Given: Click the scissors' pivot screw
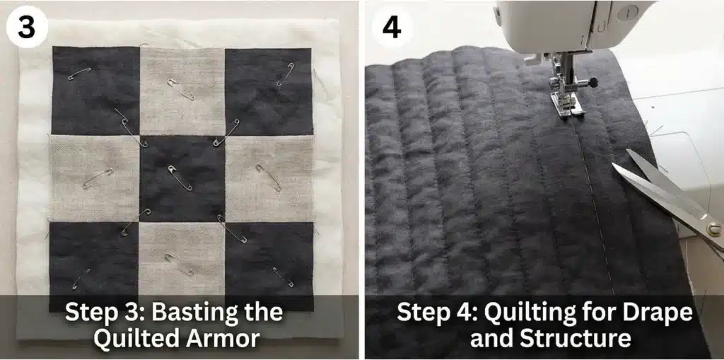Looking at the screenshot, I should tap(713, 228).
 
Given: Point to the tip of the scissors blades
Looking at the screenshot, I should tap(614, 168).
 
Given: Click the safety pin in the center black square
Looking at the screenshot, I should tap(180, 178).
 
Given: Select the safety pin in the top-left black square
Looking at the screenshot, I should tap(79, 73).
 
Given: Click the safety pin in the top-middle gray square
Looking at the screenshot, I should tap(180, 89).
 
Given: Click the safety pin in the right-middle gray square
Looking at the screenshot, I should tap(268, 177).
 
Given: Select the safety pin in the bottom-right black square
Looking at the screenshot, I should tap(282, 277).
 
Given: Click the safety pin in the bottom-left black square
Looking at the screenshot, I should tap(80, 277).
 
